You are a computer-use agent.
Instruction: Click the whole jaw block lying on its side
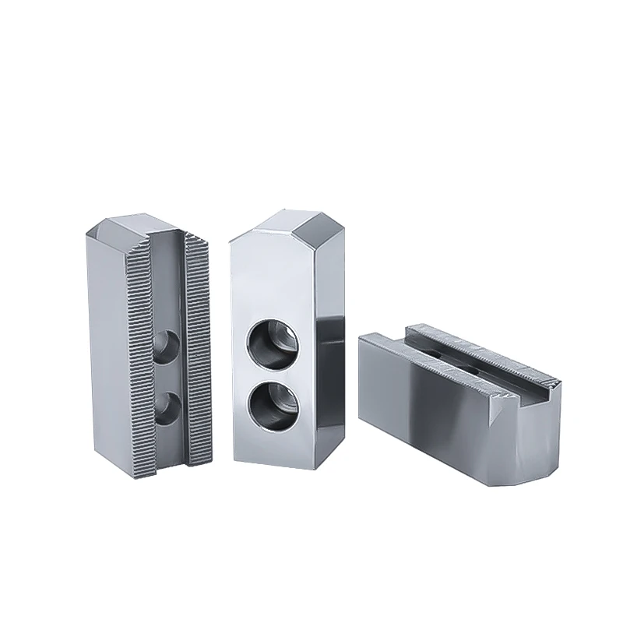459,405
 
